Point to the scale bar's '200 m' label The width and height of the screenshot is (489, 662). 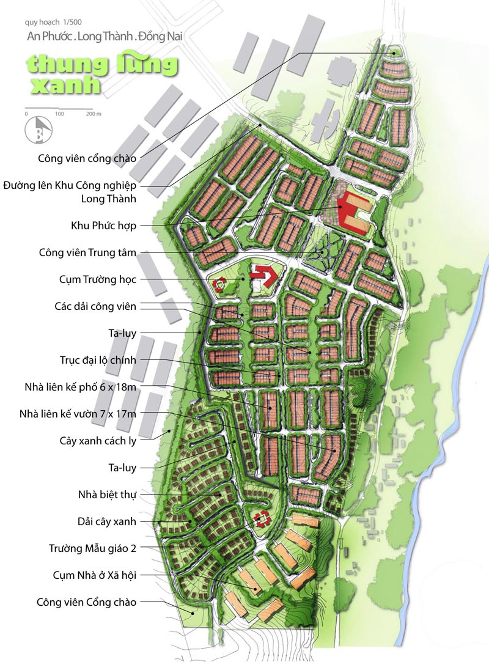pos(94,114)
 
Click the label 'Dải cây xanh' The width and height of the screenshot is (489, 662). pos(107,521)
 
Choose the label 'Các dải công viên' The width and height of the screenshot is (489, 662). pos(95,306)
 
